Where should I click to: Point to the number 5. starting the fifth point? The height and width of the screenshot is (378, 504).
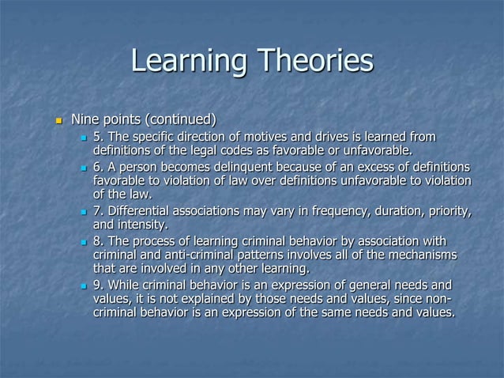point(99,138)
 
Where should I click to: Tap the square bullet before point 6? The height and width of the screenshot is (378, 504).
point(84,168)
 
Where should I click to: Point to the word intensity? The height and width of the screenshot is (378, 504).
point(147,225)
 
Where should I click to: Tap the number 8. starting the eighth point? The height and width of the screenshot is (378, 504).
point(99,241)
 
